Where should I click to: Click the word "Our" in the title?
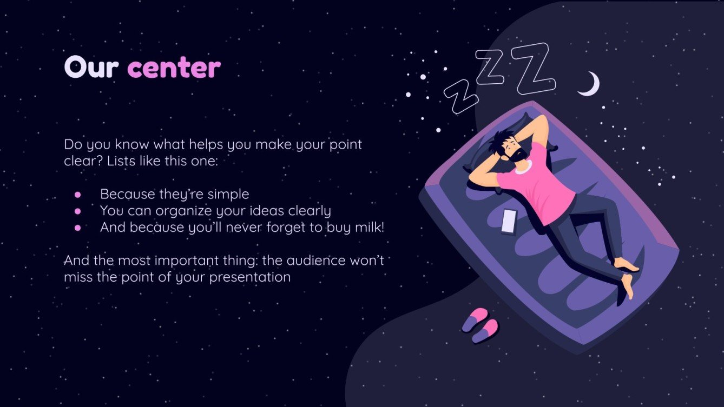[x=92, y=68]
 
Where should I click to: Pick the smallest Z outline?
[x=461, y=97]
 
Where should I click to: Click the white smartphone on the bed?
[x=509, y=221]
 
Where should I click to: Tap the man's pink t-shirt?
[x=541, y=184]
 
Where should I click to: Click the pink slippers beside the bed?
[x=480, y=324]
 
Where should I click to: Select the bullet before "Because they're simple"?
[x=77, y=194]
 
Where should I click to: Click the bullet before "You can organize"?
[x=77, y=211]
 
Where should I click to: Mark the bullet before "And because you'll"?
[x=77, y=228]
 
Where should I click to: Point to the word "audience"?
[x=314, y=261]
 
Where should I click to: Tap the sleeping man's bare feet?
[x=628, y=276]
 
